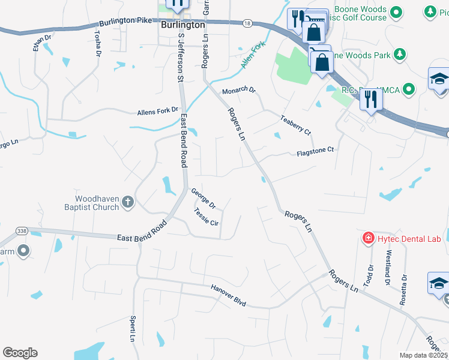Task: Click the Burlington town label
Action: point(183,26)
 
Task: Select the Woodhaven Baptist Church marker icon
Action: point(127,202)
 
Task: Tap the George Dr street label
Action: point(203,199)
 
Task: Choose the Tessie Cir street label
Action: point(206,216)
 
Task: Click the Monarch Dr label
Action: point(239,91)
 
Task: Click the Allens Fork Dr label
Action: point(158,111)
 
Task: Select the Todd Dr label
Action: point(370,275)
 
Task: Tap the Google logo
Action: point(20,353)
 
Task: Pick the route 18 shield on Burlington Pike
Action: point(247,23)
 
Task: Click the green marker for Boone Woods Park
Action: point(400,55)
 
